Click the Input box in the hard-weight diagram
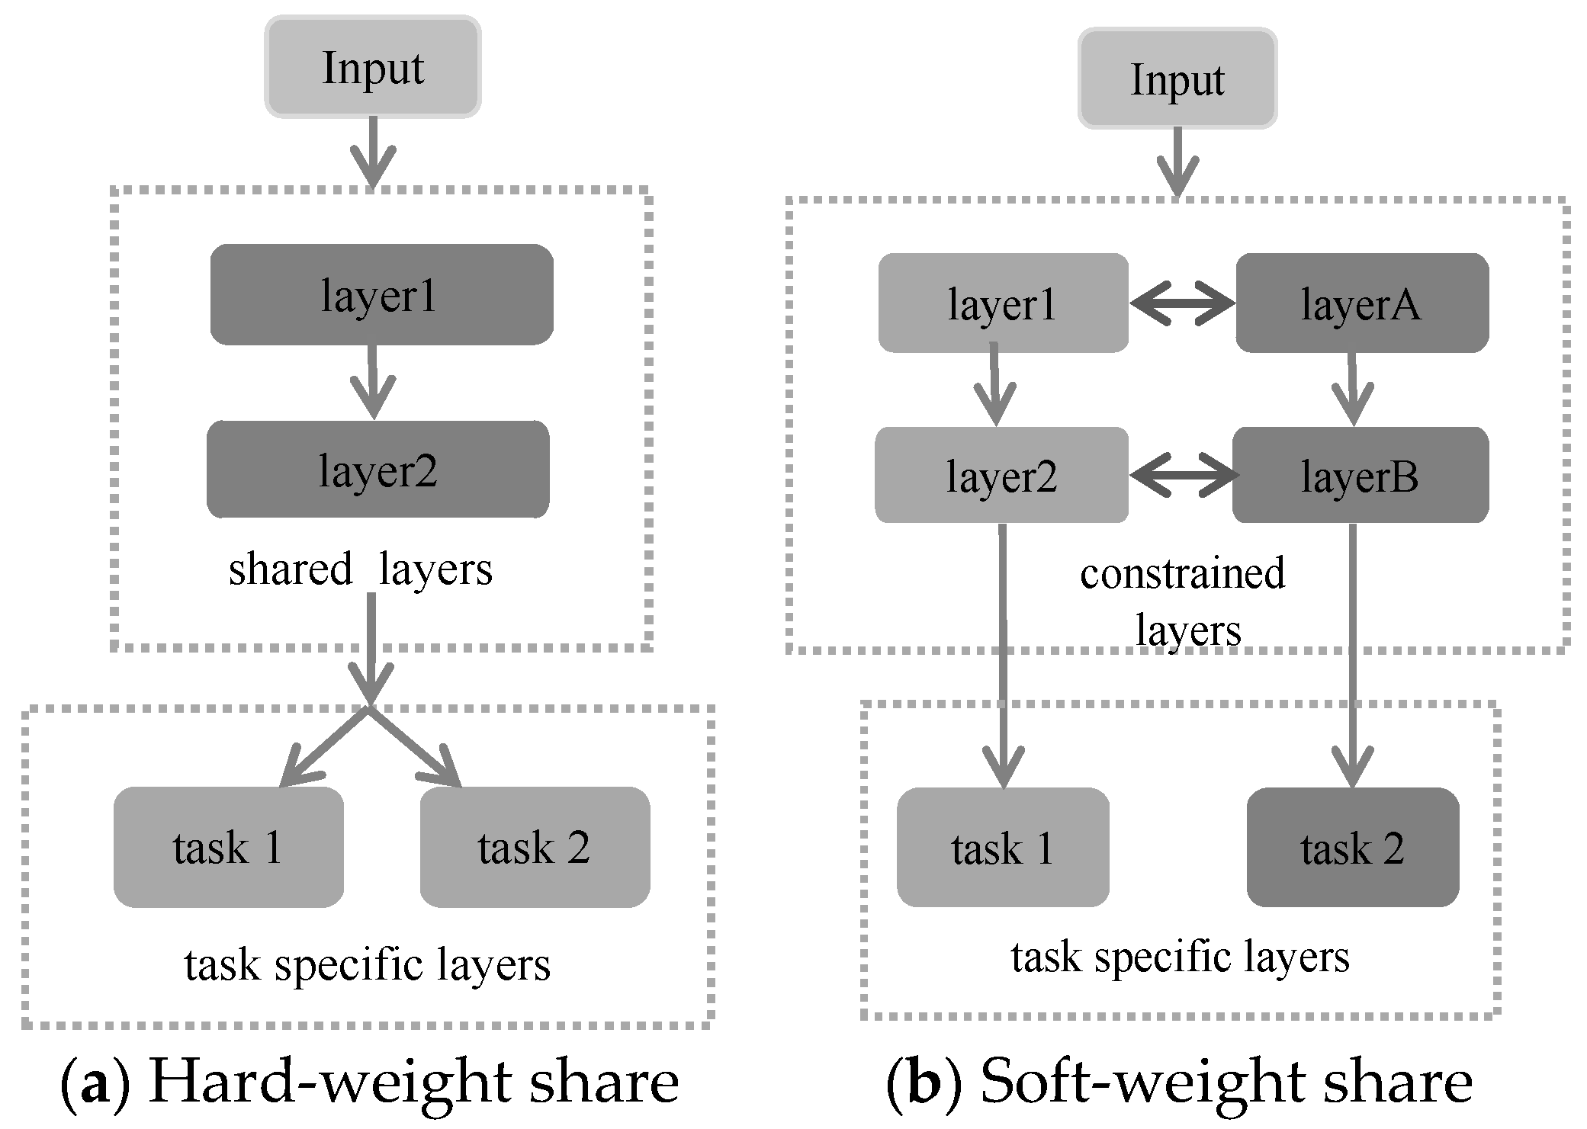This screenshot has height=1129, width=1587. (373, 67)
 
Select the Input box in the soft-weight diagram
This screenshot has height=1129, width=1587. (1177, 79)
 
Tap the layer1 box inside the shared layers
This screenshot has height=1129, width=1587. (381, 294)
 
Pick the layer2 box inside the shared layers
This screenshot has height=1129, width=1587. (378, 469)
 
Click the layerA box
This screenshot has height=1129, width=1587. (1362, 303)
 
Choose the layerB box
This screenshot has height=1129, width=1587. (1361, 474)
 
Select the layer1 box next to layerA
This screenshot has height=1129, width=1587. (1003, 303)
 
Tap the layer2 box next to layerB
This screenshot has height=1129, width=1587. (1001, 474)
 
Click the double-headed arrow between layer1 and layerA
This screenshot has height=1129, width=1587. (1182, 303)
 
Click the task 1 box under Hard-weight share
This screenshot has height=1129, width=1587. (229, 847)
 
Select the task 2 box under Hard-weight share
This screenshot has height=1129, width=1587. (535, 847)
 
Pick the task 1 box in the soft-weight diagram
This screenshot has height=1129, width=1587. (1003, 847)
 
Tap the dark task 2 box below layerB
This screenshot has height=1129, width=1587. (1353, 847)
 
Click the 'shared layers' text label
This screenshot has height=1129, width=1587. (361, 569)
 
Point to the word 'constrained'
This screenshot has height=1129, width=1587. (1183, 573)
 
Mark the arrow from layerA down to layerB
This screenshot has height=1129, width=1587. (1353, 388)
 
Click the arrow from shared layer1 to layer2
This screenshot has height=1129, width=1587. (373, 381)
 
